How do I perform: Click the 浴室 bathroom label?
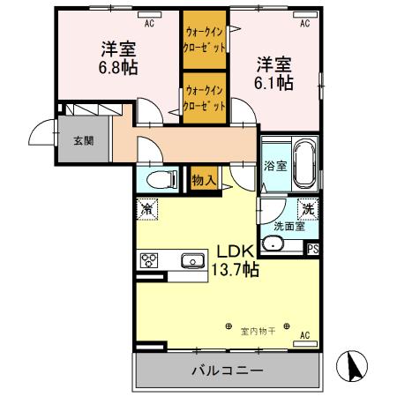click(274, 165)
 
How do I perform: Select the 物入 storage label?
click(204, 177)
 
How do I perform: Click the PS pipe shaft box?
click(312, 250)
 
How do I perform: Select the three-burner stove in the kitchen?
click(149, 260)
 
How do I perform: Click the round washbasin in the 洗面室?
click(272, 244)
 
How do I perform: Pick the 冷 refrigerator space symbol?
click(146, 210)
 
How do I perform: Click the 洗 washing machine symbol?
click(307, 210)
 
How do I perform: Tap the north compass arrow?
click(353, 367)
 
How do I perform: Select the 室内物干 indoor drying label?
click(258, 331)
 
